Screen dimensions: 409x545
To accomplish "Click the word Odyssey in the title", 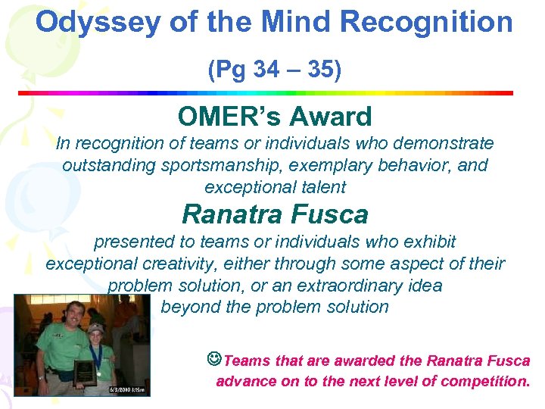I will [x=96, y=23].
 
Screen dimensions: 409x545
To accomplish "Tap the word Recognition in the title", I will [x=427, y=23].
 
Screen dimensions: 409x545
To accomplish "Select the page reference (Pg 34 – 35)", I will [x=274, y=70].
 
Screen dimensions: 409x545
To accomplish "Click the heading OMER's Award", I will [x=274, y=117].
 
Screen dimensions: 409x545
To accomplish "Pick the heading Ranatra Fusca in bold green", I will [x=274, y=214].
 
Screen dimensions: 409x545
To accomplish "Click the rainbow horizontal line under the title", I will [x=265, y=92].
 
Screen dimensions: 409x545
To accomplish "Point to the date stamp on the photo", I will [x=129, y=390].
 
